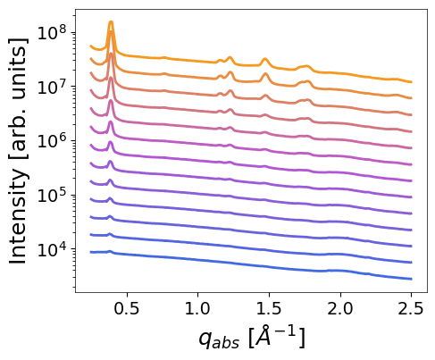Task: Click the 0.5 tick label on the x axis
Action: (x=127, y=309)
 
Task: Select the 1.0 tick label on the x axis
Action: (x=197, y=309)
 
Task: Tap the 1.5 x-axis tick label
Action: (x=269, y=309)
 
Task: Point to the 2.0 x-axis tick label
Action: (x=340, y=309)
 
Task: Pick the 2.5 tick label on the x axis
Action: (x=411, y=309)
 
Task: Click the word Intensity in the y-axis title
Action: (x=18, y=216)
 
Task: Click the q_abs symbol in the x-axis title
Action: (x=219, y=340)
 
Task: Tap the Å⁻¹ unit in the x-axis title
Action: (x=276, y=337)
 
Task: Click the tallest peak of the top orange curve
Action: (x=111, y=22)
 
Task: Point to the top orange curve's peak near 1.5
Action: (x=264, y=60)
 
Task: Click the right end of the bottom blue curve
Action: (x=411, y=279)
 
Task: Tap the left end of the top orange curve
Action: (x=91, y=46)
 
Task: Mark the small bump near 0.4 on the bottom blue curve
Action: (x=110, y=252)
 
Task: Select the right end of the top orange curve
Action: (x=411, y=82)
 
